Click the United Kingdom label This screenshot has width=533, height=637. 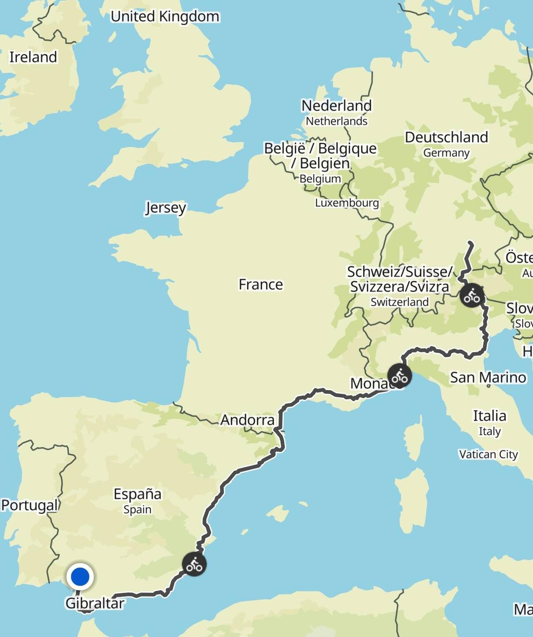coord(165,17)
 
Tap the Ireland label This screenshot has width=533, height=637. coord(33,57)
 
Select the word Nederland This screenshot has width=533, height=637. coord(336,106)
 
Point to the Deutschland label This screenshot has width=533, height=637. coord(446,138)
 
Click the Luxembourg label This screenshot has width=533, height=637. coord(347,203)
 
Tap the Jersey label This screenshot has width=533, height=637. coord(166,207)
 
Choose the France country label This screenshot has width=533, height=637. coord(261,284)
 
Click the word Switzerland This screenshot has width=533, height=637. coord(399,302)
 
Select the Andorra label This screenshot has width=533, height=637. coord(247,420)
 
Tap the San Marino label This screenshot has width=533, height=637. coord(488,377)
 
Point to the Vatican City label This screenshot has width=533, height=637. coord(488,454)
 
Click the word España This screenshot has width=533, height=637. coord(137,494)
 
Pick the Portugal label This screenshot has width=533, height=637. coord(30,505)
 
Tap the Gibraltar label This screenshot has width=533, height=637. coord(95,603)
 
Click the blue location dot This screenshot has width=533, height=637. coord(80,577)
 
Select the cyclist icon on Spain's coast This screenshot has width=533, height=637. coord(194,564)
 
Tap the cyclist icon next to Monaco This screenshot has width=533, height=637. coord(399,376)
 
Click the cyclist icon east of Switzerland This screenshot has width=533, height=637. coord(471,295)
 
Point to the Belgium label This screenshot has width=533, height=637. coord(320,179)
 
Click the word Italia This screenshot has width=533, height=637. coord(489,416)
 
